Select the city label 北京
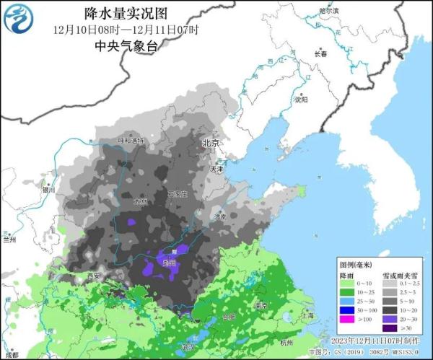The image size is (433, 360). click(211, 144)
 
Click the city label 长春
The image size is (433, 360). click(320, 54)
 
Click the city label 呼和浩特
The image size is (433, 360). click(131, 140)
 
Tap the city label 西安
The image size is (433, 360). click(92, 276)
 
